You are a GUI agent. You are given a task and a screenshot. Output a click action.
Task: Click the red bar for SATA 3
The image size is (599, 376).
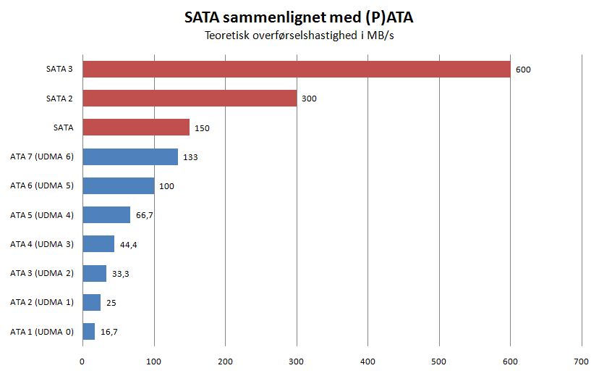tap(297, 69)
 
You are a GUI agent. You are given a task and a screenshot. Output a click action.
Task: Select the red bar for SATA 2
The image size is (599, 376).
tap(190, 98)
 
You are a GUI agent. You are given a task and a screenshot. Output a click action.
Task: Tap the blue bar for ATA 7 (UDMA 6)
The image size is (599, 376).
tap(130, 156)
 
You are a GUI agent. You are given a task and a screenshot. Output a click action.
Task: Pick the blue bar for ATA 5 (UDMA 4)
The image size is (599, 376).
tap(106, 214)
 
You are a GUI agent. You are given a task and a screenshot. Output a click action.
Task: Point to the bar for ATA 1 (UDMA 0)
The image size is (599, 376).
tap(89, 331)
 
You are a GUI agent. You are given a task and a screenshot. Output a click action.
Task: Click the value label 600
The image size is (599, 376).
tap(523, 70)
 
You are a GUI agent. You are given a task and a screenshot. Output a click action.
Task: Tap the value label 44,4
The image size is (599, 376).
tap(129, 244)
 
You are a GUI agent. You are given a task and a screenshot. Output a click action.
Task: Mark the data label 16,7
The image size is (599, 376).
tap(109, 332)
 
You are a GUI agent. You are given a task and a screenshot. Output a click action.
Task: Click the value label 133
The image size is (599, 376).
tap(190, 157)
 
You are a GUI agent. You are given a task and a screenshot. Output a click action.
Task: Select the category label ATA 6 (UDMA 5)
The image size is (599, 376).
tap(42, 185)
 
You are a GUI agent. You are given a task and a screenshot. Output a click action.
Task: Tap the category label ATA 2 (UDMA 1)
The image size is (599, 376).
tap(42, 302)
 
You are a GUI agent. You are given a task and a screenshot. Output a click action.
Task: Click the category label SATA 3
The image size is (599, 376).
tap(58, 70)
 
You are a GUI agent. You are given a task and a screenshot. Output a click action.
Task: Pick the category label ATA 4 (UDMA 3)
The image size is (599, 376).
tap(42, 244)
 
